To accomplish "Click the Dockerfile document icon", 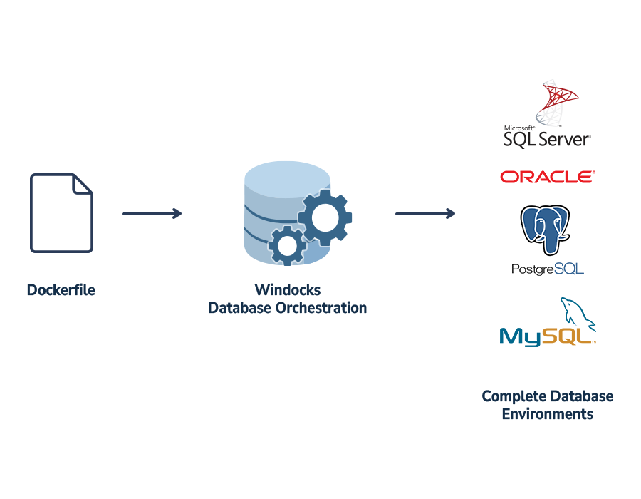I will tap(61, 214).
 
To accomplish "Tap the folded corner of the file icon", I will tap(83, 183).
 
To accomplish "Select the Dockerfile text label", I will tap(61, 290).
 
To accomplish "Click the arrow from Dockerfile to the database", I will tap(152, 213).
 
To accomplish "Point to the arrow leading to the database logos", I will tap(425, 213).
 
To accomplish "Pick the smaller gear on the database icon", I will tap(287, 245).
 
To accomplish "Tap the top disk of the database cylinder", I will tap(286, 177).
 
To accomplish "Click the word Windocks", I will tap(287, 290).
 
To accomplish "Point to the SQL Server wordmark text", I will tap(547, 138).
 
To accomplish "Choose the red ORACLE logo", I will tap(547, 177).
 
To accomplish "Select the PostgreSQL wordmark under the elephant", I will tap(547, 269).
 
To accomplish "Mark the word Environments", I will tap(547, 414).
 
